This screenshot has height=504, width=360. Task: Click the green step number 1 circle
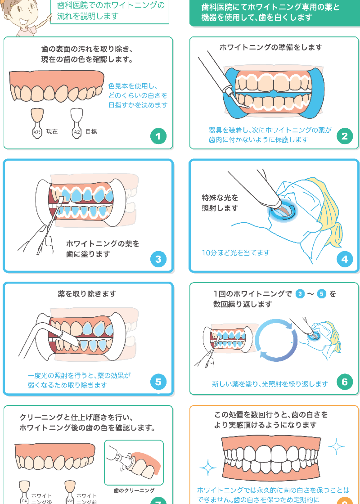[x=158, y=136]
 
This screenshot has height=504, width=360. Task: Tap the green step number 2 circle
[x=345, y=136]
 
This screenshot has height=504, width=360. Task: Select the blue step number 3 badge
[x=158, y=259]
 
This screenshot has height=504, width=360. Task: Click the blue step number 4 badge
[x=345, y=259]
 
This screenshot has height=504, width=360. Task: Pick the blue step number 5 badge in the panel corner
[x=158, y=382]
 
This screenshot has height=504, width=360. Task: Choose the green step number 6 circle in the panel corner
[x=345, y=382]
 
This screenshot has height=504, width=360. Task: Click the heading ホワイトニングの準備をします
[x=271, y=47]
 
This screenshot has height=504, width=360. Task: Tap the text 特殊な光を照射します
[x=220, y=203]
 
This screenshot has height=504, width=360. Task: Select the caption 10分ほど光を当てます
[x=236, y=253]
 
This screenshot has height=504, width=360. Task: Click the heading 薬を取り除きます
[x=87, y=294]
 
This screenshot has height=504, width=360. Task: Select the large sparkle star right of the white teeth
[x=336, y=446]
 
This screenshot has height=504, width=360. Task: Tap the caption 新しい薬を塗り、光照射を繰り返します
[x=270, y=384]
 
